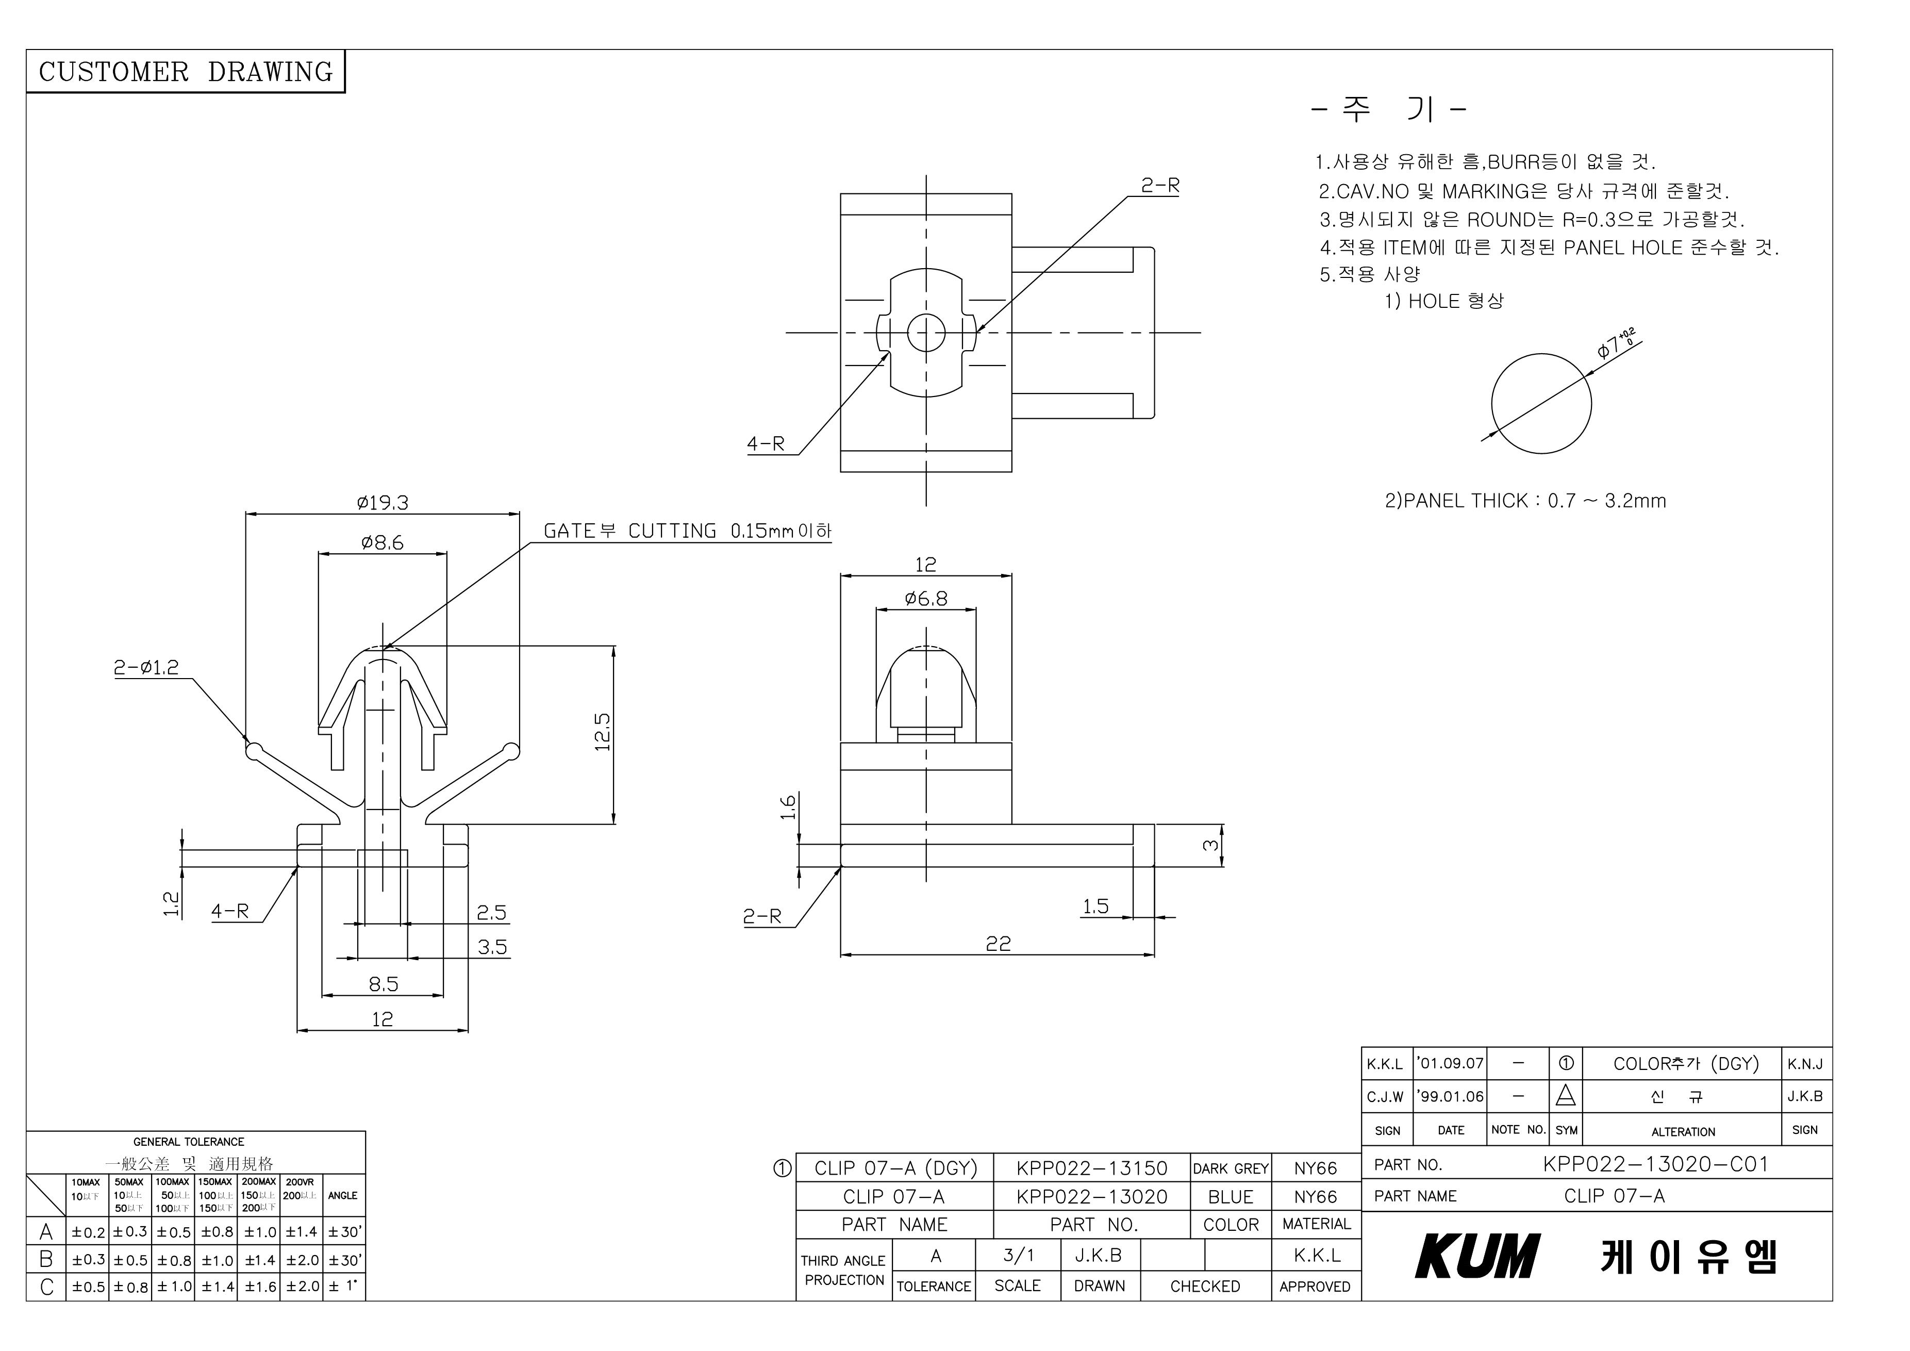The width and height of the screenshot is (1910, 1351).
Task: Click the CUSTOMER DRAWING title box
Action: [x=186, y=72]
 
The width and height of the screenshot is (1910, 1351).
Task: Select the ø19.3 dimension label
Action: [x=383, y=502]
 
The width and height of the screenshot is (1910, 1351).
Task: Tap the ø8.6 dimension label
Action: [x=383, y=542]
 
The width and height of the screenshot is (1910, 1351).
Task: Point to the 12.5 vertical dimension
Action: [x=603, y=732]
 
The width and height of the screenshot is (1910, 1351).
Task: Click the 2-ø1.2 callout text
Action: [x=146, y=667]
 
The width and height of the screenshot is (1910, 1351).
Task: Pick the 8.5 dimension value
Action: [x=384, y=984]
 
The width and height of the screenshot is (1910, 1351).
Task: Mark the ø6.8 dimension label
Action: [x=926, y=598]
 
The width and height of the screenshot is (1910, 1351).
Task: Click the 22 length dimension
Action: [x=998, y=943]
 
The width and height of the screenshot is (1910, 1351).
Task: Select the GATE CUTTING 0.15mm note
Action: [x=687, y=531]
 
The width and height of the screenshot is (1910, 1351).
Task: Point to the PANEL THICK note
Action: [x=1525, y=501]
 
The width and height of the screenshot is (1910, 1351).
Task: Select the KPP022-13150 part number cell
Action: [x=1091, y=1168]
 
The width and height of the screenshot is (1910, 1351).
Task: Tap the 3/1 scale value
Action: [x=1018, y=1255]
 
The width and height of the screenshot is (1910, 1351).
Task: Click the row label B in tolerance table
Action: [x=46, y=1260]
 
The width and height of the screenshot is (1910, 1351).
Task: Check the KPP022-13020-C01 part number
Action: [x=1655, y=1164]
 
